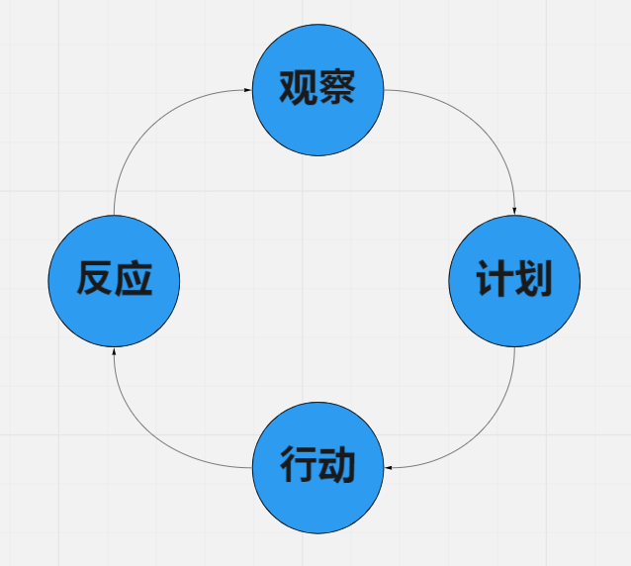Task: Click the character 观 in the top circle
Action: [298, 89]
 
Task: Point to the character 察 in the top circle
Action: [337, 89]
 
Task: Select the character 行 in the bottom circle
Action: [299, 464]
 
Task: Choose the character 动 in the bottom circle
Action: [337, 464]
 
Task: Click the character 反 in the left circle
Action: [95, 280]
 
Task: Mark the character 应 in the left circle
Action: [135, 280]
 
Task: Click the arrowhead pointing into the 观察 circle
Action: [247, 90]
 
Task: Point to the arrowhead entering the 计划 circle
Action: [514, 209]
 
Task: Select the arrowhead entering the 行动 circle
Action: [388, 467]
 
